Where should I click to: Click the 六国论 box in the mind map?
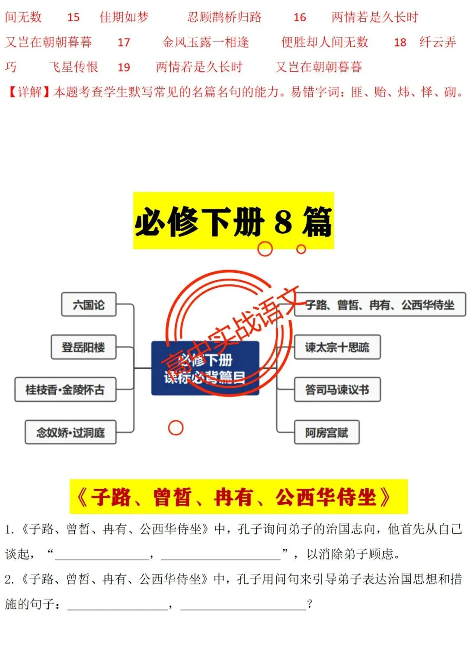point(89,305)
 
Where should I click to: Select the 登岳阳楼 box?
point(83,347)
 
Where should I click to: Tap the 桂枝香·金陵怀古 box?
point(65,390)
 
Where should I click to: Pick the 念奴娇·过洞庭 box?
point(70,432)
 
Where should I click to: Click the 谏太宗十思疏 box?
point(337,347)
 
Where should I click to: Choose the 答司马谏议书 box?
point(337,390)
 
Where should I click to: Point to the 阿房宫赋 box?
point(326,432)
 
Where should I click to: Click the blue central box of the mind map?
point(205,368)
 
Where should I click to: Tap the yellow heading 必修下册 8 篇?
point(233,221)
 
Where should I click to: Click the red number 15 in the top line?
point(74,18)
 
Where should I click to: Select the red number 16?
point(300,18)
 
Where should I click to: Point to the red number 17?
point(124,42)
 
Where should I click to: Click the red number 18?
point(400,42)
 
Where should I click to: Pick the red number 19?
point(124,68)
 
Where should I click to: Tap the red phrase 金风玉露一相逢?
point(205,42)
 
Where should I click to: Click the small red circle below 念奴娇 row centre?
point(176,428)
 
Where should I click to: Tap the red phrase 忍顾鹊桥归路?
point(224,17)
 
